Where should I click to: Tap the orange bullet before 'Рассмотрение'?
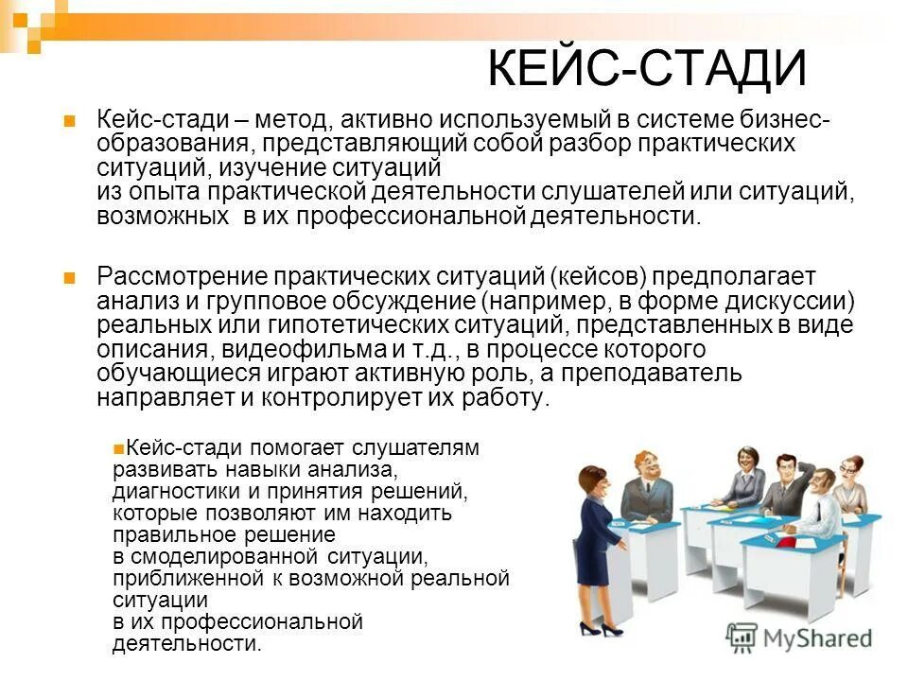pos(68,278)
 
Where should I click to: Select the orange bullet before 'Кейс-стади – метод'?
pos(68,121)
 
